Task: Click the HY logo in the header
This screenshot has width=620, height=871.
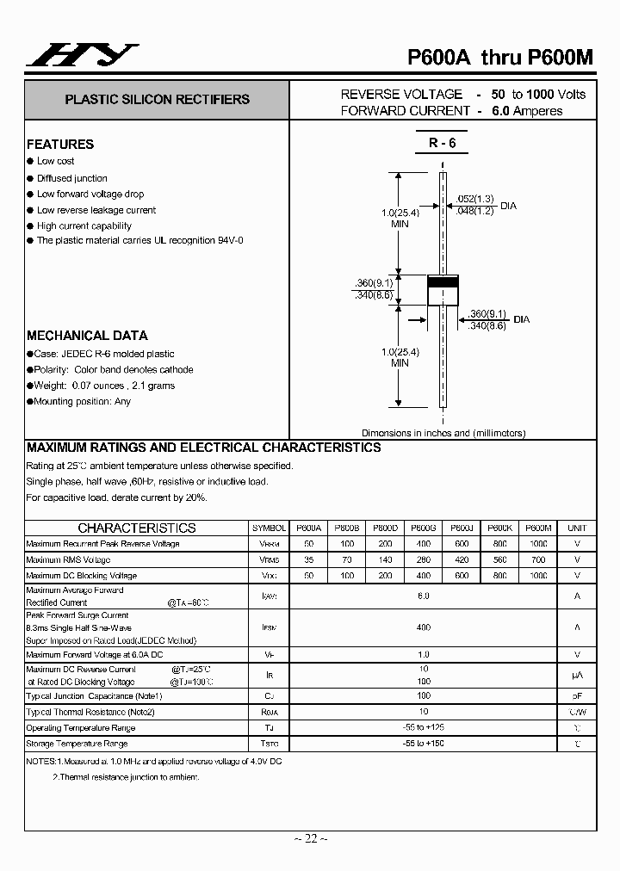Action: coord(82,56)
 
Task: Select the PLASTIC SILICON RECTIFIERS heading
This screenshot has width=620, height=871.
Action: coord(157,100)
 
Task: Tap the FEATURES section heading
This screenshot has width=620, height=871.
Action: coord(60,145)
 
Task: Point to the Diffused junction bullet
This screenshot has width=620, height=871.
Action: coord(72,178)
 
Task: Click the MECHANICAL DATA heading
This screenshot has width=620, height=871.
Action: coord(87,336)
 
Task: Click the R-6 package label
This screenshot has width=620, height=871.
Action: coord(443,144)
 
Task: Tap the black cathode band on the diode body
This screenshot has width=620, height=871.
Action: coord(443,283)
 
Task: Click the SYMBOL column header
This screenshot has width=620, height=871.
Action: coord(270,528)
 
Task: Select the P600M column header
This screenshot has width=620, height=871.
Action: coord(537,528)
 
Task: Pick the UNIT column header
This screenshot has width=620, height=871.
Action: coord(577,528)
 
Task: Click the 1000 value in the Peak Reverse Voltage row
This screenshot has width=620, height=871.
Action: coord(537,544)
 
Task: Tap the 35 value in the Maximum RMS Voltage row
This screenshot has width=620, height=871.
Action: coord(308,559)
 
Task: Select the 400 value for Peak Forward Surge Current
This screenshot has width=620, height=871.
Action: coord(423,627)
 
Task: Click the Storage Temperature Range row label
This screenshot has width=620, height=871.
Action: coord(77,744)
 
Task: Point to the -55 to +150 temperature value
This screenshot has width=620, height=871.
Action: coord(423,744)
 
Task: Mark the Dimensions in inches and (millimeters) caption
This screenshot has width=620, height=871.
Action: coord(443,433)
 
